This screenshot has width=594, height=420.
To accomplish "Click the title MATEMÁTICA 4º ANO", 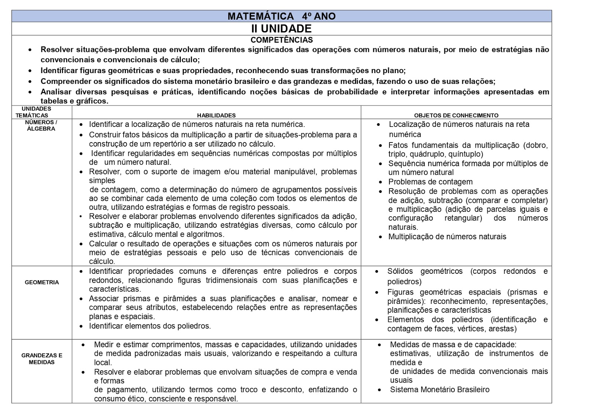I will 281,16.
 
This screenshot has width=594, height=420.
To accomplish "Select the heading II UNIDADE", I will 281,29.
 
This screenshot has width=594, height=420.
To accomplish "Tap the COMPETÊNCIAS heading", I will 281,40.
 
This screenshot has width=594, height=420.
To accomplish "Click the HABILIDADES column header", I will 216,115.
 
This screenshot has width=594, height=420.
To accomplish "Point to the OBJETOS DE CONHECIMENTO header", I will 456,115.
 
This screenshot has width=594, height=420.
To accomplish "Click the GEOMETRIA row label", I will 42,282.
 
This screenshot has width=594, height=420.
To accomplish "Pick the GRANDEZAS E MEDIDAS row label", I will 42,359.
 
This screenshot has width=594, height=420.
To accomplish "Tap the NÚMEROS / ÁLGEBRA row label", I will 41,125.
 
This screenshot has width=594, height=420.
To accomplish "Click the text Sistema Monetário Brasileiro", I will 440,390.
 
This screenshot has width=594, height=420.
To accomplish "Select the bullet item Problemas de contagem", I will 430,182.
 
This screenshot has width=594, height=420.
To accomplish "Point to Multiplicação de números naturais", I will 447,237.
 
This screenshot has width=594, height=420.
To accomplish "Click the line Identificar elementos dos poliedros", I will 150,326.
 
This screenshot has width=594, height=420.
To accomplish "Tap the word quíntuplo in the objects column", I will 466,154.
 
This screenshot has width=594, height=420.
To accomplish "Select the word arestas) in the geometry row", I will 502,329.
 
